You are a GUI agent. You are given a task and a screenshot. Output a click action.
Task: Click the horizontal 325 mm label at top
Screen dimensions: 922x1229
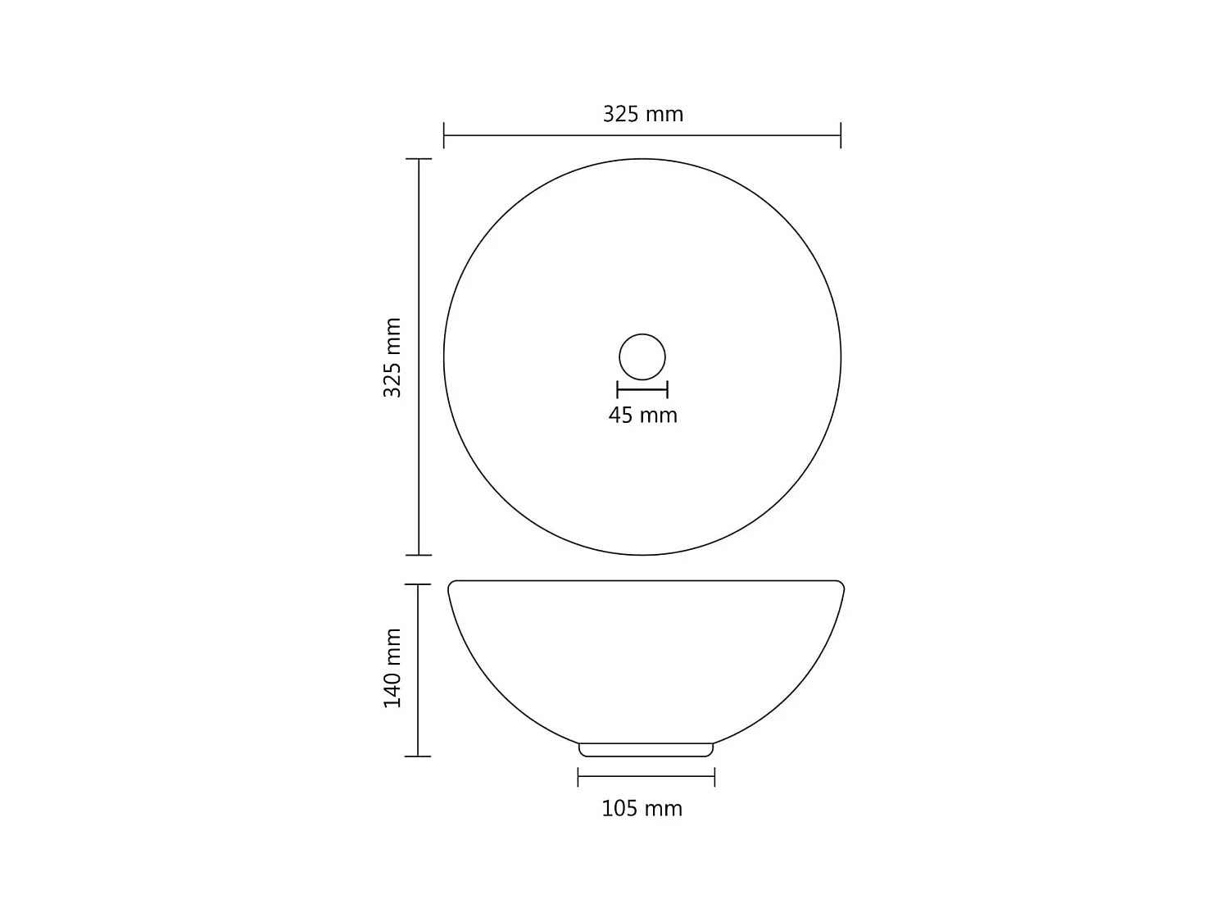pyautogui.click(x=642, y=114)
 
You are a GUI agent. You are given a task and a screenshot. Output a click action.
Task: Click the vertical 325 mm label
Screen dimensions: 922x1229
pyautogui.click(x=393, y=357)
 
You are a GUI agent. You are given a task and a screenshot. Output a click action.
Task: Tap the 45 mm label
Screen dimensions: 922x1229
pyautogui.click(x=642, y=416)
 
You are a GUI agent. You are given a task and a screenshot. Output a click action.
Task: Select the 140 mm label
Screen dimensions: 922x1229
pyautogui.click(x=393, y=668)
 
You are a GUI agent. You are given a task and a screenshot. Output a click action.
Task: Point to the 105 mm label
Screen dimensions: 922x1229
pyautogui.click(x=642, y=809)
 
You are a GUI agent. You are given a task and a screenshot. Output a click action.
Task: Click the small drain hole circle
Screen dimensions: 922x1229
pyautogui.click(x=642, y=357)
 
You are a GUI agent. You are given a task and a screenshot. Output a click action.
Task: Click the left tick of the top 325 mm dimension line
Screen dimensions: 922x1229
pyautogui.click(x=444, y=135)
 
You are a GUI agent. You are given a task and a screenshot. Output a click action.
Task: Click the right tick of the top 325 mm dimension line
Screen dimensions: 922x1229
pyautogui.click(x=841, y=135)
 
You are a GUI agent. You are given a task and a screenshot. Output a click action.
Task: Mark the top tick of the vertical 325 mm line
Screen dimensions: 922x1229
pyautogui.click(x=419, y=159)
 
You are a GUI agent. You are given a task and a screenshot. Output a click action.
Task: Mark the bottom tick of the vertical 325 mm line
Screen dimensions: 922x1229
pyautogui.click(x=419, y=555)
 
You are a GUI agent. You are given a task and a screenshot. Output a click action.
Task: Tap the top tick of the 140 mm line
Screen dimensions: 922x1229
pyautogui.click(x=418, y=584)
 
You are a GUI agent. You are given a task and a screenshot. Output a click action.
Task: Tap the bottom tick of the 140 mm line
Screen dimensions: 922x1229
pyautogui.click(x=418, y=756)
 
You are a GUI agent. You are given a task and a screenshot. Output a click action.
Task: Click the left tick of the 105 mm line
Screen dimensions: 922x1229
pyautogui.click(x=578, y=776)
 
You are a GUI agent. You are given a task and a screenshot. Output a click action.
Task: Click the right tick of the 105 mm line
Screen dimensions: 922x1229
pyautogui.click(x=714, y=776)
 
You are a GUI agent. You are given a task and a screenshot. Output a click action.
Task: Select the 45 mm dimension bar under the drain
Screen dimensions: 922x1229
pyautogui.click(x=642, y=390)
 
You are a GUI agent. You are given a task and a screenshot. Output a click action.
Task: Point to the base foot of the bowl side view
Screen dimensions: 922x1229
pyautogui.click(x=646, y=750)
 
